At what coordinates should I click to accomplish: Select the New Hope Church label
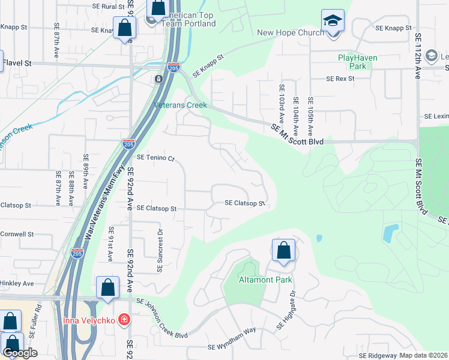290,32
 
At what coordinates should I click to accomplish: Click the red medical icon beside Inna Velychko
124,319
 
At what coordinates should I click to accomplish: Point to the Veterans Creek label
181,105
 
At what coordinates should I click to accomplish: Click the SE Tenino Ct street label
155,158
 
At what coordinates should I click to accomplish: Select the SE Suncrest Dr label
160,250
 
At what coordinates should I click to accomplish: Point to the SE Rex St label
341,79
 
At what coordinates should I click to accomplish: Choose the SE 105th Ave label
310,116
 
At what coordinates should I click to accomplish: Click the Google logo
20,353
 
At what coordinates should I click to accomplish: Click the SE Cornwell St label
16,234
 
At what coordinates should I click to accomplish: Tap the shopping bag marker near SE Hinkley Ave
107,287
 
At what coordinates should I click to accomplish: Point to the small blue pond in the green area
390,233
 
